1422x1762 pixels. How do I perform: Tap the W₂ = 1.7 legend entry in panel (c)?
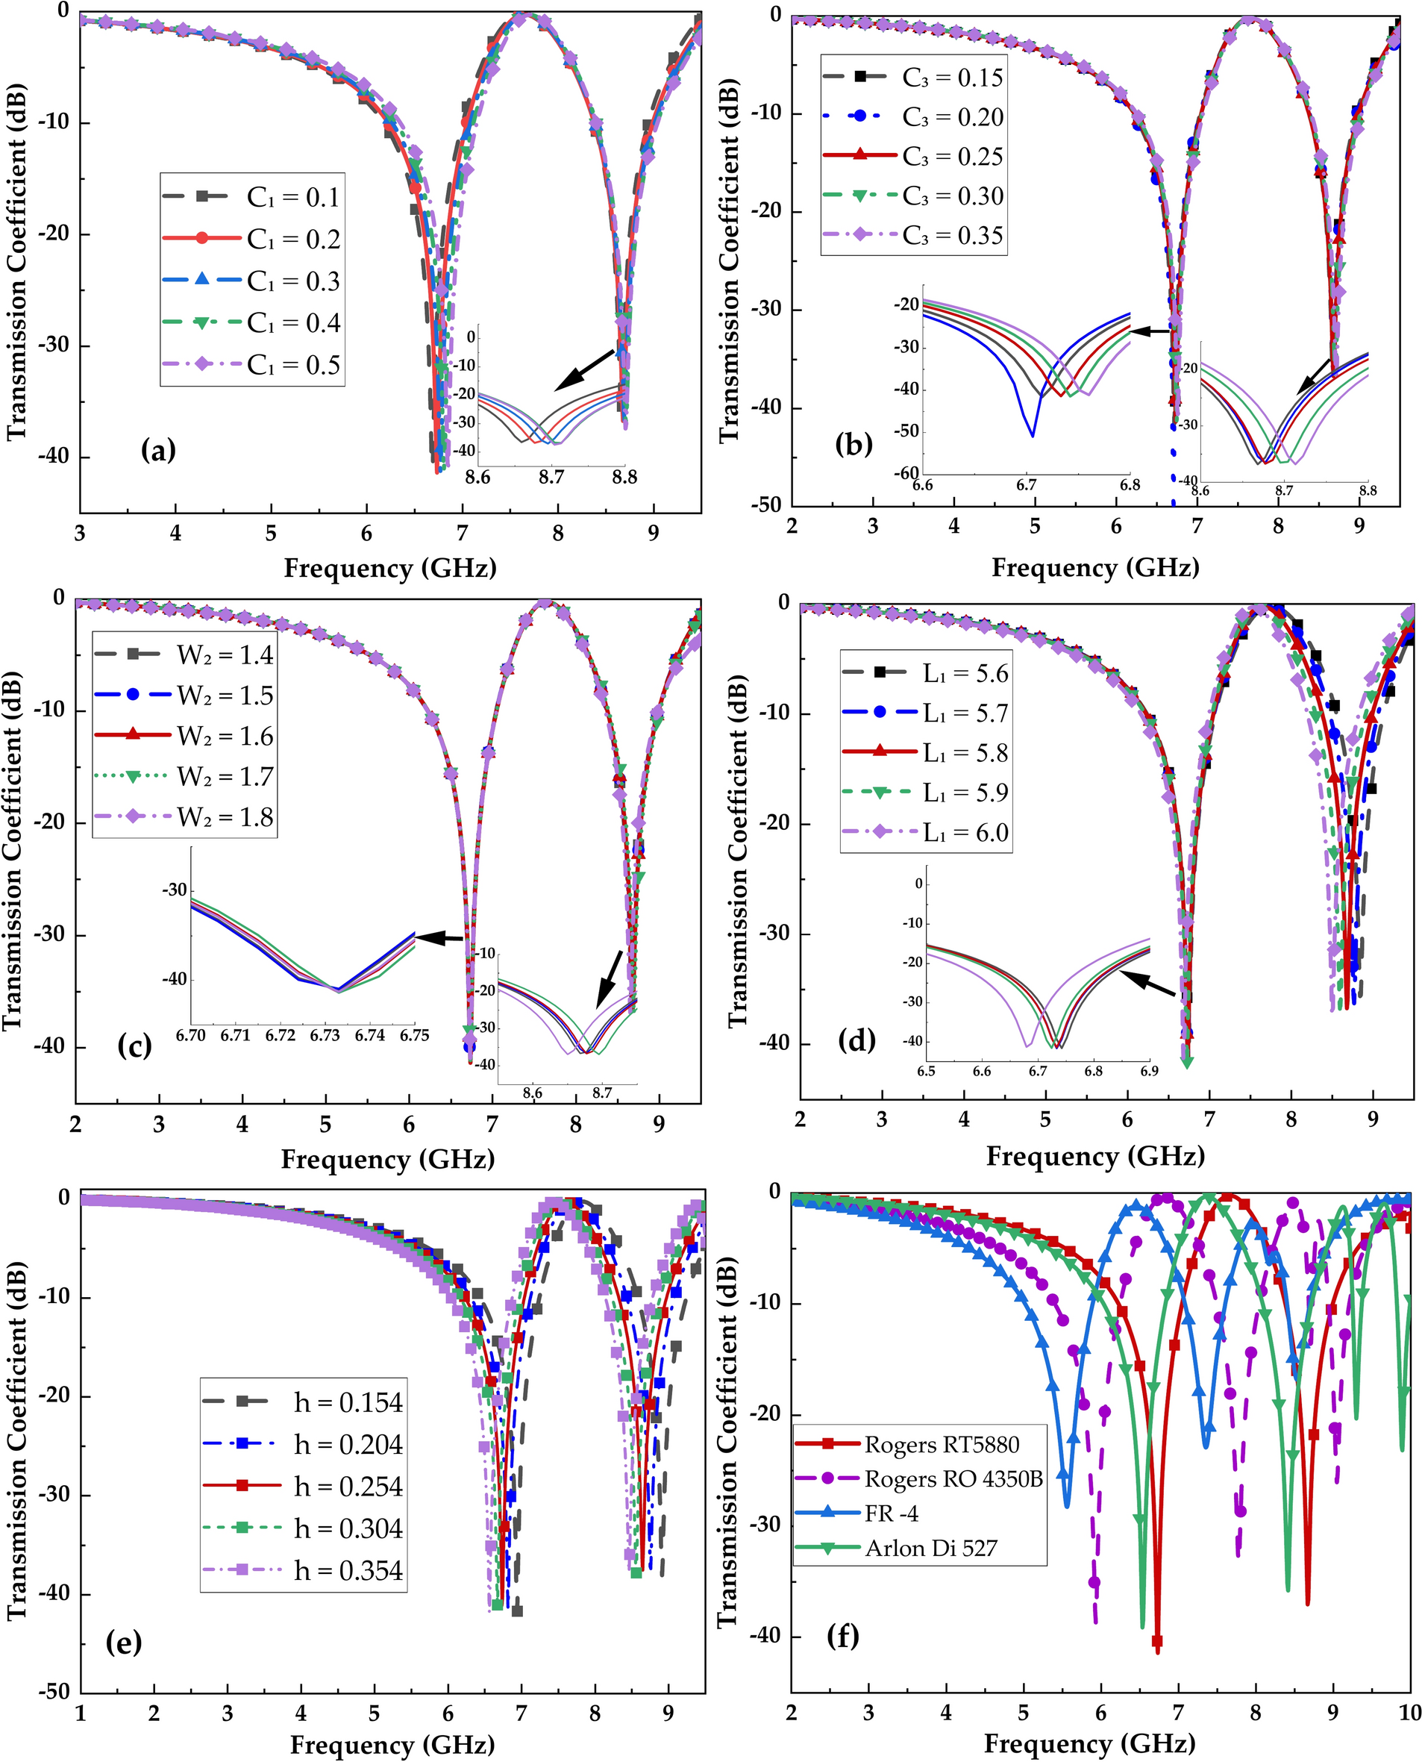(225, 777)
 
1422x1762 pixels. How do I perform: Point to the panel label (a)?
(158, 450)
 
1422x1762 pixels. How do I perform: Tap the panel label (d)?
(856, 1041)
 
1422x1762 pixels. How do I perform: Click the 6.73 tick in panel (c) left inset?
(325, 1035)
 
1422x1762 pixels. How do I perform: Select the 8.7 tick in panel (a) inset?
(551, 477)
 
